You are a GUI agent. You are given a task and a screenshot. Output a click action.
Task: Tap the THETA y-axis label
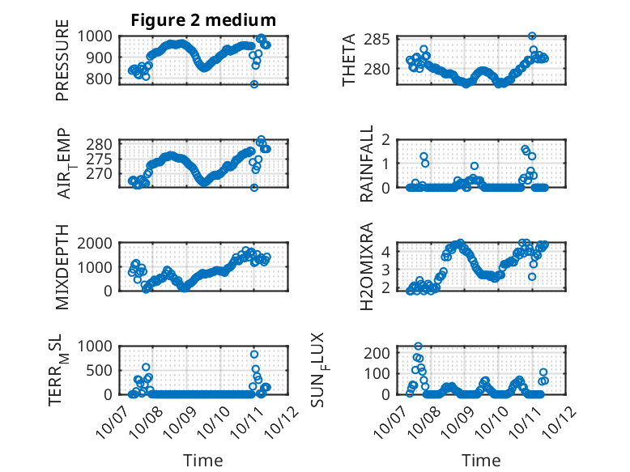(348, 59)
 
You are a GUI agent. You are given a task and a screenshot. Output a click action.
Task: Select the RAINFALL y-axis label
(367, 163)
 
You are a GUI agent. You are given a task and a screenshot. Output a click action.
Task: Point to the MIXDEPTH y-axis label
(62, 266)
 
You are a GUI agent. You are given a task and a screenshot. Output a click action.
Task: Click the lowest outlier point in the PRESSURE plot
(253, 84)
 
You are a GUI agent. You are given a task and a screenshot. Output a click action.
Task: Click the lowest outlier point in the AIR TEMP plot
(253, 187)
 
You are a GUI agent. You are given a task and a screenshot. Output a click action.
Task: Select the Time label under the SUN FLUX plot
(481, 461)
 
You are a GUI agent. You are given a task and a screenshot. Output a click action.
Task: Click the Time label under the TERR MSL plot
(202, 461)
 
